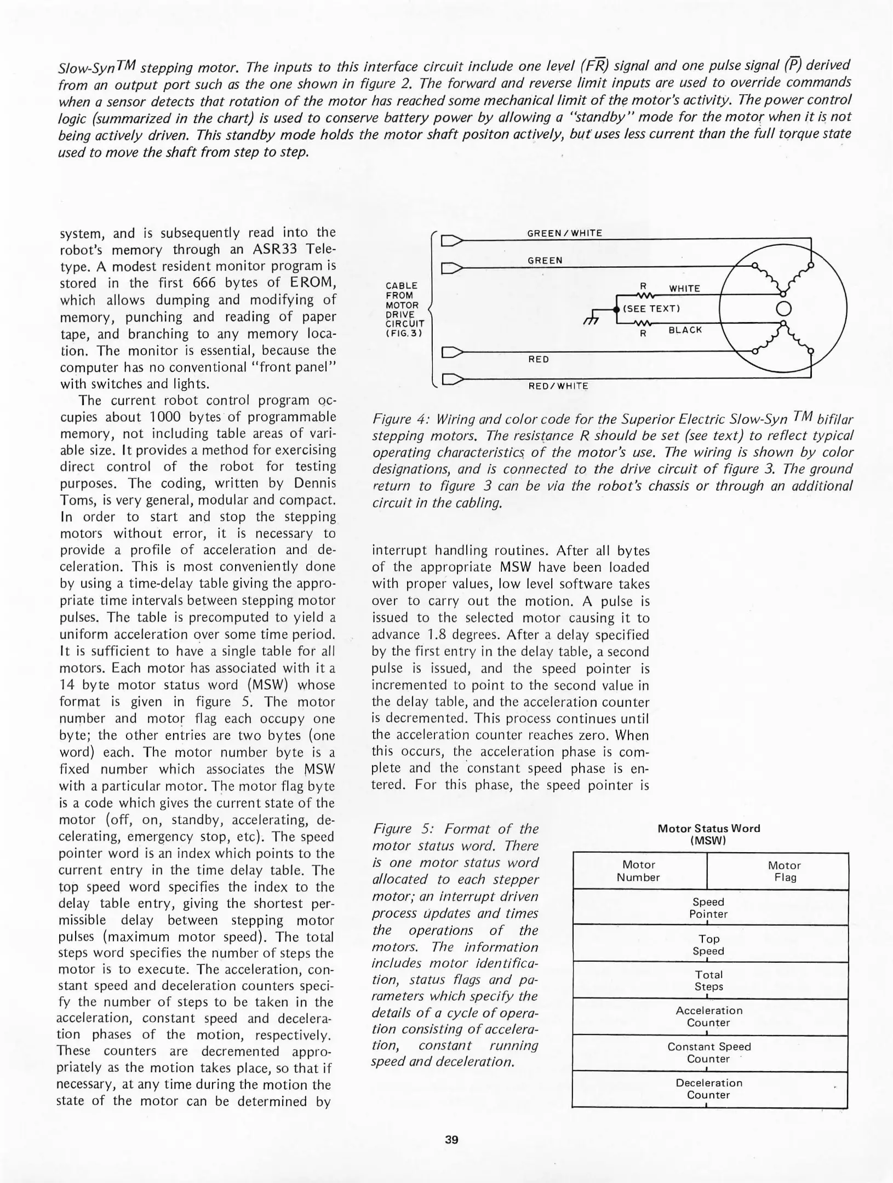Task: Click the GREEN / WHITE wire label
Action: [x=564, y=233]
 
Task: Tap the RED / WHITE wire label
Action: [x=558, y=386]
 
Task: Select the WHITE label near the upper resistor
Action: [x=684, y=289]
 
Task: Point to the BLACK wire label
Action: [x=685, y=330]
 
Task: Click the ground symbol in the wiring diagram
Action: [x=589, y=323]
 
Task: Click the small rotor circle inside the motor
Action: [x=784, y=308]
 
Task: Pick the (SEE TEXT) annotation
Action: [x=650, y=309]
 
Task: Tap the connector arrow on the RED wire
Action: [x=452, y=351]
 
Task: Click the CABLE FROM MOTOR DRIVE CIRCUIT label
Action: [x=403, y=309]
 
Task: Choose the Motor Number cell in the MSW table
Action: [x=639, y=871]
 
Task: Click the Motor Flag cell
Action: [x=784, y=871]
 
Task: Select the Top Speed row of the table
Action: [x=709, y=945]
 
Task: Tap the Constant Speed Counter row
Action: [x=709, y=1053]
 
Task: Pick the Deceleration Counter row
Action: [x=709, y=1089]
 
